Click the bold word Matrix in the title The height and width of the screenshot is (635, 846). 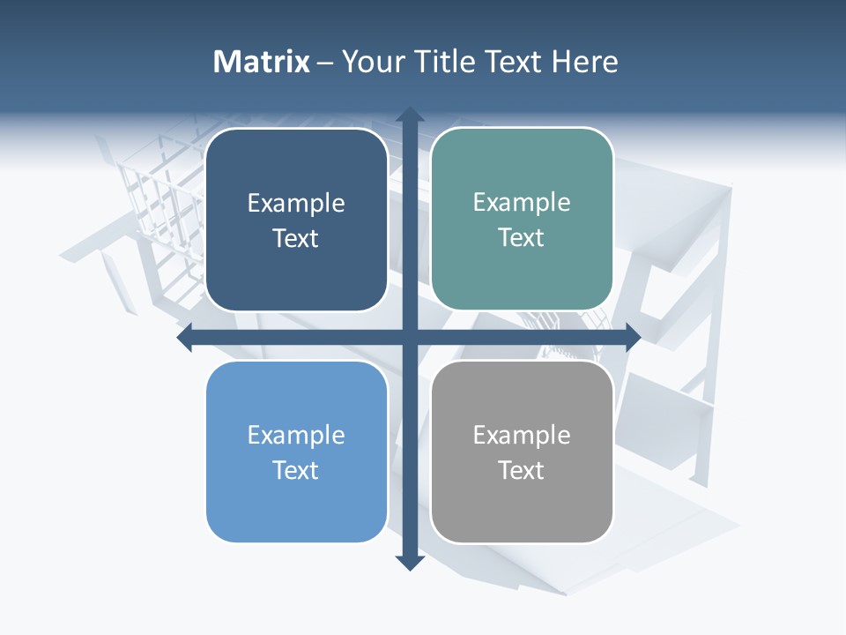tap(262, 62)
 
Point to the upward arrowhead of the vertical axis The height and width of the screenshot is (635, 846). tap(408, 115)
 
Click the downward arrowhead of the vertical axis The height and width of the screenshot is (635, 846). tap(408, 562)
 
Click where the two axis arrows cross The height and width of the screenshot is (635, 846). tap(408, 338)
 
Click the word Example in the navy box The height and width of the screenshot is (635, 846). tap(296, 204)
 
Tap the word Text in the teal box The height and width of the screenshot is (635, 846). tap(522, 238)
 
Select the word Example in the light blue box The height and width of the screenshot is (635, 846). tap(296, 436)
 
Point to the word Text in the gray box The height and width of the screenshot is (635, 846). tap(522, 471)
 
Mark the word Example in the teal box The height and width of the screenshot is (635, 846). tap(522, 203)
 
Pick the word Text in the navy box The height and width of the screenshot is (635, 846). tap(296, 239)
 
